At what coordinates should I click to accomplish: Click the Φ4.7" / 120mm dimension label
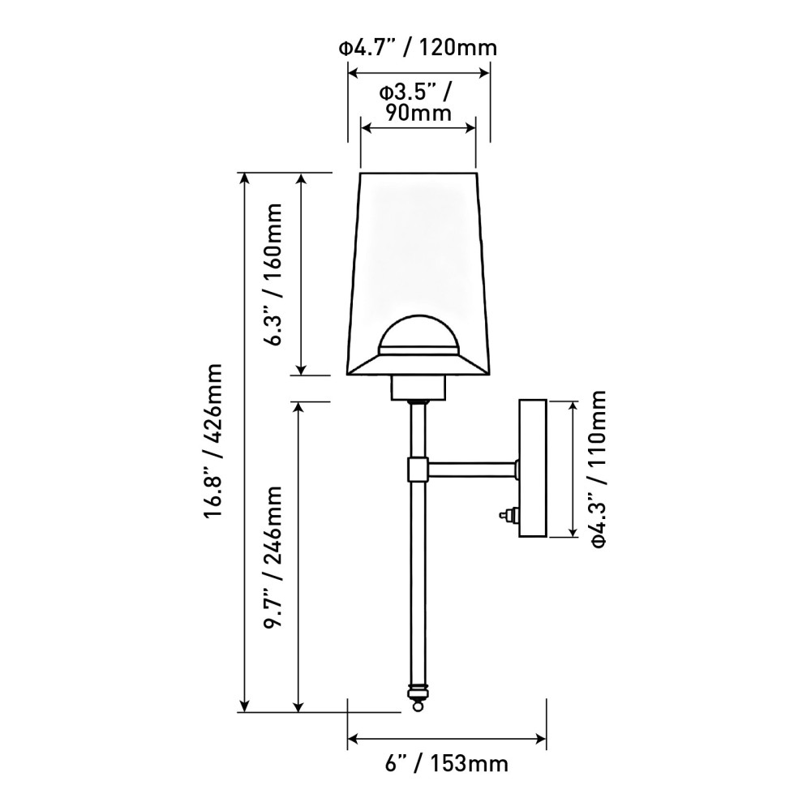pos(418,48)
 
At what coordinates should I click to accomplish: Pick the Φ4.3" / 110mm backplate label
pos(599,468)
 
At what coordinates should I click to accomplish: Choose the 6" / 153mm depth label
pos(448,763)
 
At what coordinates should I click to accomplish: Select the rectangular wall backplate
pos(534,468)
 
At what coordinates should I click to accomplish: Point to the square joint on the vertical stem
pos(418,469)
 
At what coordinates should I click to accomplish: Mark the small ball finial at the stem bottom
pos(417,706)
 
